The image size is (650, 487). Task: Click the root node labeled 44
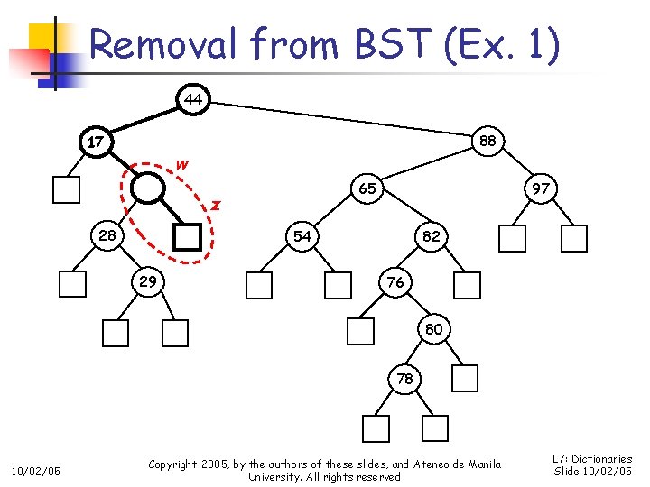(193, 98)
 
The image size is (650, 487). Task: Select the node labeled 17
(96, 142)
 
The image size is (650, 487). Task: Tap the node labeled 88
(487, 141)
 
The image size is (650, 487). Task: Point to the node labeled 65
(367, 189)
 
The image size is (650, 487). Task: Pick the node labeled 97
(541, 189)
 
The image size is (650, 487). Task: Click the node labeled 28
(107, 235)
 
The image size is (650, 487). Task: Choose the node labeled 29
(147, 281)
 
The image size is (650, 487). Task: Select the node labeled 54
(302, 235)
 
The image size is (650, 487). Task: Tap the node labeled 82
(431, 235)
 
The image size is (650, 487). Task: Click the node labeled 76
(395, 282)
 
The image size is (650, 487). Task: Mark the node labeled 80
(433, 329)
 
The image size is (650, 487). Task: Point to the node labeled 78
(404, 379)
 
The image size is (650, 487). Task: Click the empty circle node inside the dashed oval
(148, 188)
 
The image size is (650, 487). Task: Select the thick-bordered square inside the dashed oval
(187, 236)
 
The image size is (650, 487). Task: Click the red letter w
(182, 164)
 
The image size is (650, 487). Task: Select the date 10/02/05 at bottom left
(36, 470)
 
